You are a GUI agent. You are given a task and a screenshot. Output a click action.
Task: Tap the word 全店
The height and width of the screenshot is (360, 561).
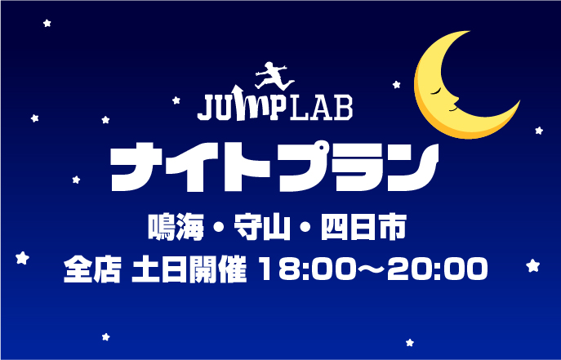click(92, 268)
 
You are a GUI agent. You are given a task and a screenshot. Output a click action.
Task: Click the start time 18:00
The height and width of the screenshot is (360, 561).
click(300, 268)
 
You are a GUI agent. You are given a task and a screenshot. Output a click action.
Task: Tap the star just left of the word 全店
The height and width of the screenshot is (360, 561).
click(24, 259)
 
